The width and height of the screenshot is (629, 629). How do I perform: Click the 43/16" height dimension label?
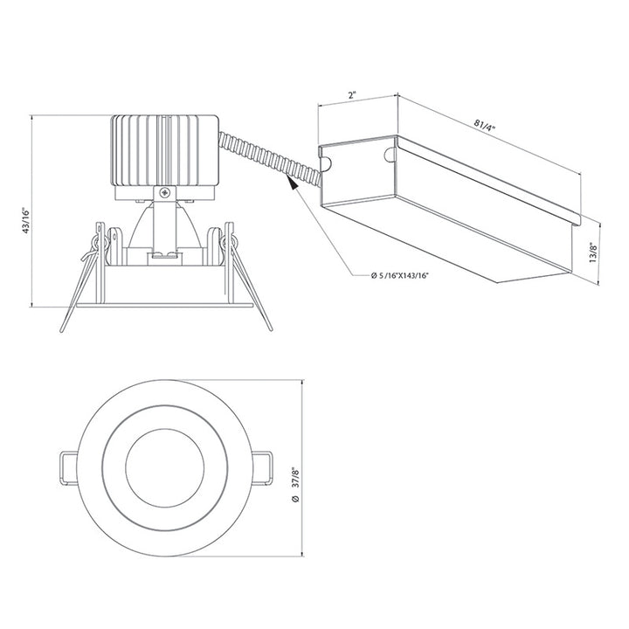coord(27,218)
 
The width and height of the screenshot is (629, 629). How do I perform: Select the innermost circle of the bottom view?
coord(166,467)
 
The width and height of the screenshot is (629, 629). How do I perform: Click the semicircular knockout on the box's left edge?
coord(326,162)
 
